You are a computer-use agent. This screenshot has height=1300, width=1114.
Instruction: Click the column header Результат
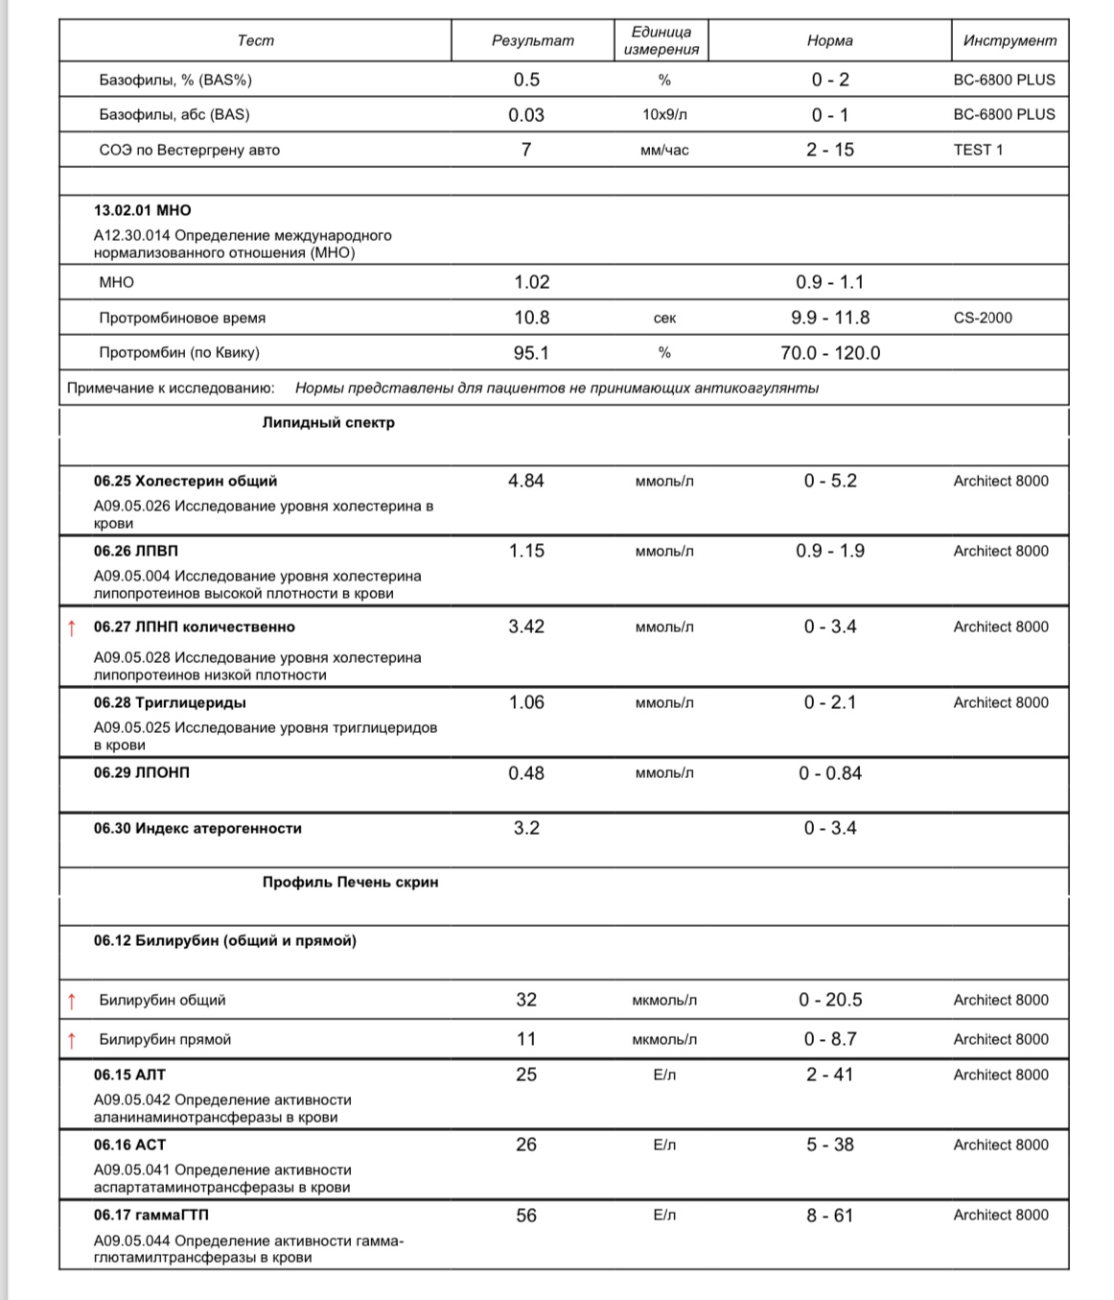532,40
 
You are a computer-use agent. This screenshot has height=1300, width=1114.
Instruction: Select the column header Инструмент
1010,40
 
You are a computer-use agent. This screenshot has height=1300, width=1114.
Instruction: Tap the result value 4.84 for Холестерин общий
526,481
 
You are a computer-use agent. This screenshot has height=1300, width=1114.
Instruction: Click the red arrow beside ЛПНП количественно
71,628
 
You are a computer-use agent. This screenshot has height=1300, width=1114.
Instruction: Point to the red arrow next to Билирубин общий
71,1001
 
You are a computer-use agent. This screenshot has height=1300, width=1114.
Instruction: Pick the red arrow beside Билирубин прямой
71,1040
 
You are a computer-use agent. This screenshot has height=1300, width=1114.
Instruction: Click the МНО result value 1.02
531,282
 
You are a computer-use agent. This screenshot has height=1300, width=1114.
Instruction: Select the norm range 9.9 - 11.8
830,318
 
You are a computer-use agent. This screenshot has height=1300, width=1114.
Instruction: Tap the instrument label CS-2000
983,318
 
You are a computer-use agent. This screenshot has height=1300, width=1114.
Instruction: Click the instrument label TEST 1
978,150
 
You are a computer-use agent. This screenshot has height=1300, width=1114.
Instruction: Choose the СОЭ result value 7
526,150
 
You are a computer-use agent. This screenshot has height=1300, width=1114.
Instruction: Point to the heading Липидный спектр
328,422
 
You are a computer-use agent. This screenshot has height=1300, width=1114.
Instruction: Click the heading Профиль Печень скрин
350,882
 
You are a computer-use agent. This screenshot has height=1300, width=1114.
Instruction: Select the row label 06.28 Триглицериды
170,702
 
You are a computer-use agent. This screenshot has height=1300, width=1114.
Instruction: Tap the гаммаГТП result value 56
526,1216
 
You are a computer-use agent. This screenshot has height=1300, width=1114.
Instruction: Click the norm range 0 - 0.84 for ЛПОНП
830,773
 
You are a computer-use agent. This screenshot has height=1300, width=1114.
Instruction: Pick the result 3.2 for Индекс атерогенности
526,828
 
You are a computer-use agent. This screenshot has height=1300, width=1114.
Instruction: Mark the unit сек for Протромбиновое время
664,318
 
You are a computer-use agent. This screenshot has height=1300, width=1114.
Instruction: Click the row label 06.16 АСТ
129,1145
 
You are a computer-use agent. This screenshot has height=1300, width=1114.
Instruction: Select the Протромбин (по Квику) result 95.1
531,353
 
